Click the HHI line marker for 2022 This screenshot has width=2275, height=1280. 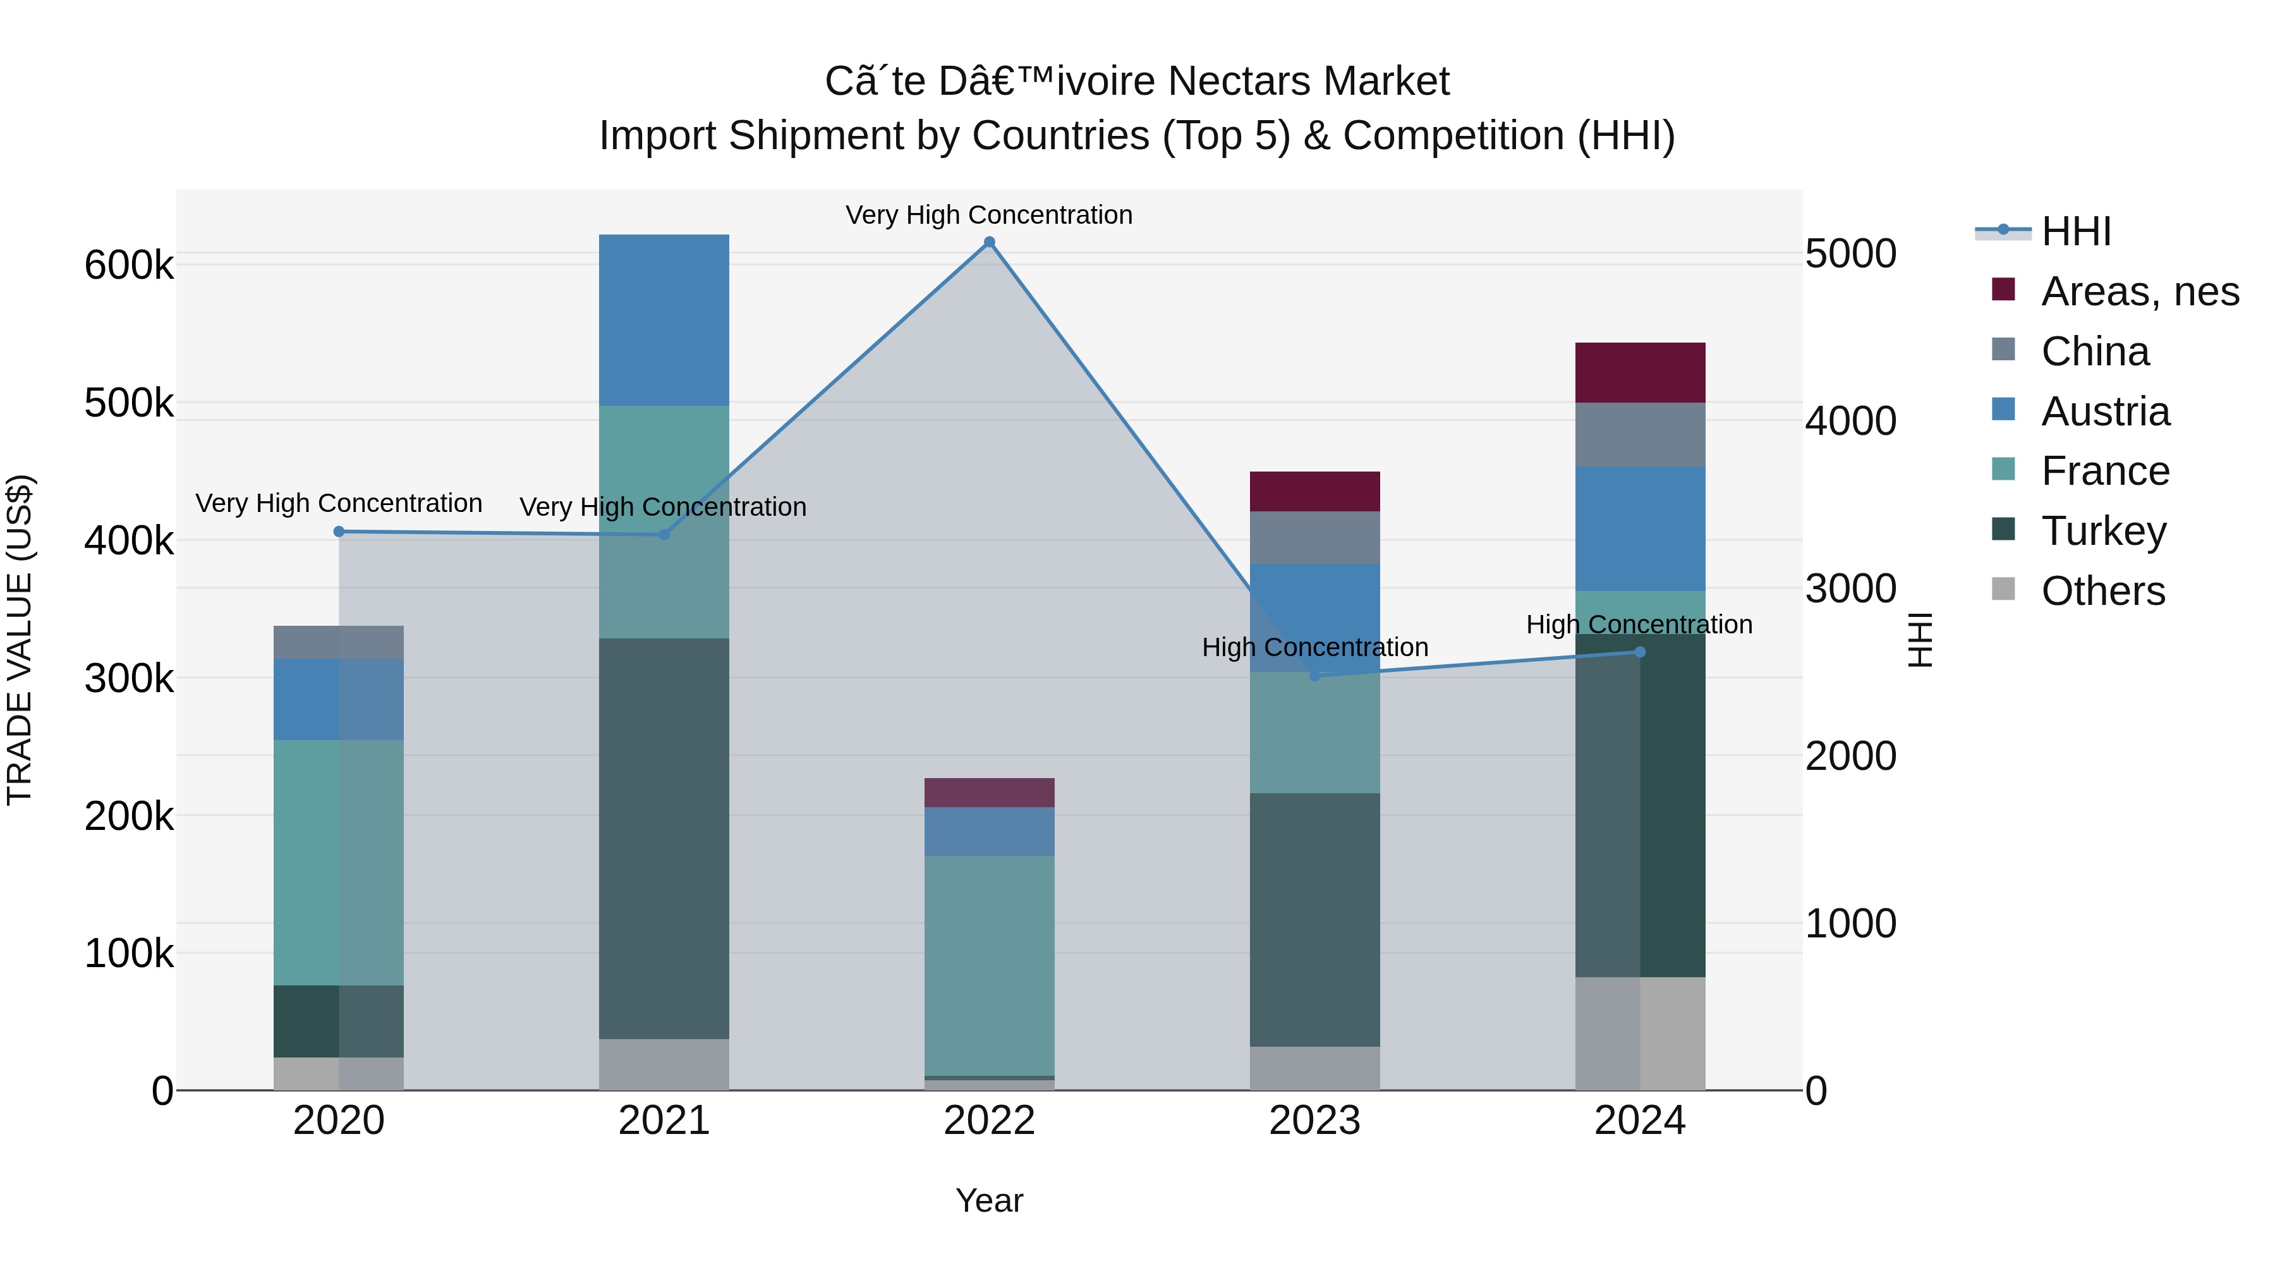click(989, 242)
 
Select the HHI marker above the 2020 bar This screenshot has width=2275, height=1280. click(339, 532)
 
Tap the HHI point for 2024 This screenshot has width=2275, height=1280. click(1640, 652)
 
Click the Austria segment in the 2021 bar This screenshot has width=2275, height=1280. click(664, 320)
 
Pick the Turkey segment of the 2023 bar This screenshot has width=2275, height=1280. click(1314, 918)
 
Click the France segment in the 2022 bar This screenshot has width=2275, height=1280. click(989, 965)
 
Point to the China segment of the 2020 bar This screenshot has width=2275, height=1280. click(339, 642)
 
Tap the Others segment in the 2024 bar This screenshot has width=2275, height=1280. click(1640, 1033)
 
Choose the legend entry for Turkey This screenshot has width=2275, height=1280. click(2102, 532)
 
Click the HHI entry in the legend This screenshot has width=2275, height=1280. click(2075, 231)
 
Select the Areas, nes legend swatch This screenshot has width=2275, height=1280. click(2004, 290)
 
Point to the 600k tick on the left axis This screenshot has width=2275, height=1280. click(129, 265)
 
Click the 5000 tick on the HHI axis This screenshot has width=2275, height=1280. click(1850, 254)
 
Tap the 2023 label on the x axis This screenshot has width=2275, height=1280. click(1314, 1121)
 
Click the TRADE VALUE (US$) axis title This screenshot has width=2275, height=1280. click(20, 640)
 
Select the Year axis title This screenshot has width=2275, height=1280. click(989, 1200)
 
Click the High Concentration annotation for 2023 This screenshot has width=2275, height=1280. click(1314, 647)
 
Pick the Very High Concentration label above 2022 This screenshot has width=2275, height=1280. click(989, 215)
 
